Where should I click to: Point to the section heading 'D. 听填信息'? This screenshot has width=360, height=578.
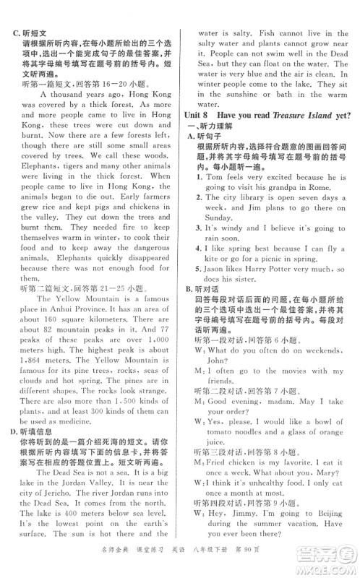[30, 391]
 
